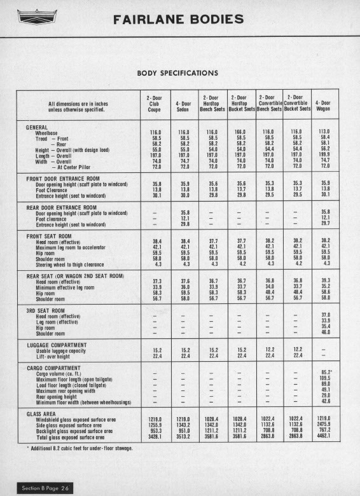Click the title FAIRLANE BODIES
point(178,20)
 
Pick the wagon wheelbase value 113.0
point(326,132)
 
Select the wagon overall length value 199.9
point(326,155)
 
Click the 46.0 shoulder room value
point(326,333)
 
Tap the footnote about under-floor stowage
point(86,448)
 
